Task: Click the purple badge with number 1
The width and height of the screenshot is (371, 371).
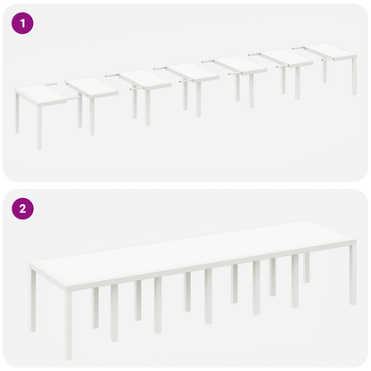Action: [x=22, y=24]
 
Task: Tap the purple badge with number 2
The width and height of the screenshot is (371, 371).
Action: [x=22, y=210]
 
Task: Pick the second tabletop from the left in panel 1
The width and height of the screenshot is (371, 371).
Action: [x=93, y=87]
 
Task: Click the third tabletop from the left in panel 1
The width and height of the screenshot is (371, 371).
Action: [x=144, y=78]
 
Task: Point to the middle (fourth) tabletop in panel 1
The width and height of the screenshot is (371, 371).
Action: [x=195, y=71]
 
